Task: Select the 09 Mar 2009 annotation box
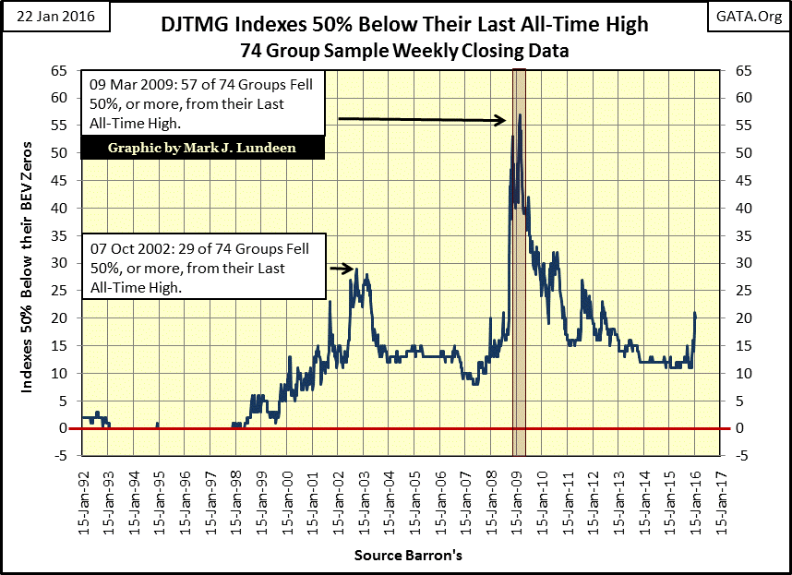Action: (x=202, y=103)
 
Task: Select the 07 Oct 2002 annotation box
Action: (x=204, y=267)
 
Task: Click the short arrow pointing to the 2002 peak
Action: (x=342, y=269)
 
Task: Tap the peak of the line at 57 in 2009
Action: (x=521, y=114)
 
